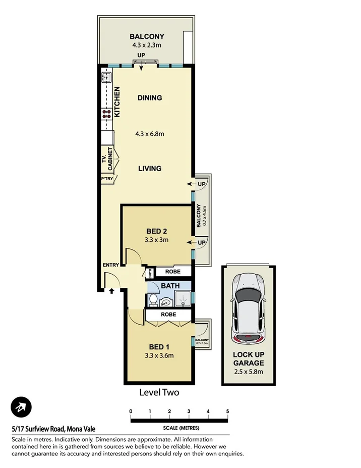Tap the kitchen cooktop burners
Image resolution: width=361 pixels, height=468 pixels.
point(106,114)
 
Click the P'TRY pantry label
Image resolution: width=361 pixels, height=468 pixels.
point(106,179)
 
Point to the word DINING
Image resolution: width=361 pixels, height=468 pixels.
point(150,97)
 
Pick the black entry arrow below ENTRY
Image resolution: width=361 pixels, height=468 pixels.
point(111,291)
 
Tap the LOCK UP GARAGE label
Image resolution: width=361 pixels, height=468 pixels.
point(248,358)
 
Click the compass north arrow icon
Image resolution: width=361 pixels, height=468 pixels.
point(21,407)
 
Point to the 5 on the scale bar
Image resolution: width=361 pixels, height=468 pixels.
point(228,411)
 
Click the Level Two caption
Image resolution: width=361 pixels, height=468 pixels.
point(159,392)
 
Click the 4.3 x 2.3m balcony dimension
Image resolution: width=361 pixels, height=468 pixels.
point(146,44)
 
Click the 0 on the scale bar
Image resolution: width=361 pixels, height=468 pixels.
point(131,411)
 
